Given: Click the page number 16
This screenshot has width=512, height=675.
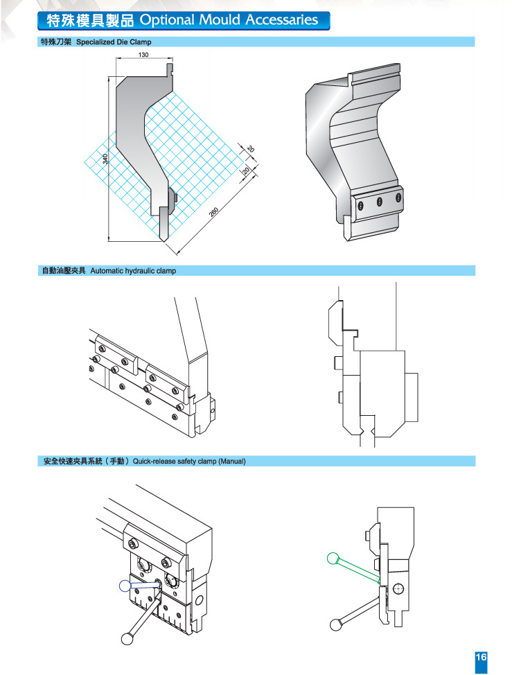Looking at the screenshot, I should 482,658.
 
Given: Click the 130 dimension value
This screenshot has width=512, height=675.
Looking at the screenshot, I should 143,55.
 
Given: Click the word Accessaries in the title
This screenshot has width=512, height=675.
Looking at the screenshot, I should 279,19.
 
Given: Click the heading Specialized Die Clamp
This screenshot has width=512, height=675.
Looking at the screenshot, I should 114,42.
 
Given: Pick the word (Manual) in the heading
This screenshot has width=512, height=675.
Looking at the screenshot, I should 232,461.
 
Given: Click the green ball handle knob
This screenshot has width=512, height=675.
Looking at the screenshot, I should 333,556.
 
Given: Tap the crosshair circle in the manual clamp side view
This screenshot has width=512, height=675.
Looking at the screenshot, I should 396,589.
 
